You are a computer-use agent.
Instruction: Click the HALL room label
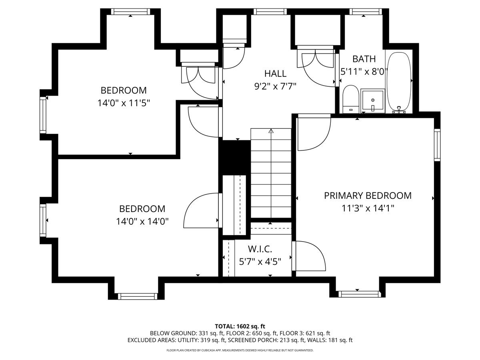click(275, 74)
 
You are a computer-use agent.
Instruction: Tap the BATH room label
click(364, 59)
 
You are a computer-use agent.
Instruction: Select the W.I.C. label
click(260, 249)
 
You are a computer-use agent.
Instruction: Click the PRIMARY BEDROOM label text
click(368, 196)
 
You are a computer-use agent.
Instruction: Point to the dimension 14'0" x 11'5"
click(124, 103)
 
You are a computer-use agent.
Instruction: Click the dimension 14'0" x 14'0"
click(142, 222)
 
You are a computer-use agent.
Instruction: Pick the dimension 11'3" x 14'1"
click(368, 208)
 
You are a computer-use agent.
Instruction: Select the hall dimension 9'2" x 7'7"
click(275, 86)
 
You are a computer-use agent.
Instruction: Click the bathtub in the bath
click(399, 82)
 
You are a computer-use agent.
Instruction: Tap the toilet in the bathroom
click(350, 99)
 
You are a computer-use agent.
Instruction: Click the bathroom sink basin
click(373, 100)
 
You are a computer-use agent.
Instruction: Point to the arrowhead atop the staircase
click(271, 131)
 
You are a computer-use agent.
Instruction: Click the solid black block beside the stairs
click(235, 157)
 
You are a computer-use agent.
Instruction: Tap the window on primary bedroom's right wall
click(437, 145)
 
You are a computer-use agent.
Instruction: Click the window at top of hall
click(270, 12)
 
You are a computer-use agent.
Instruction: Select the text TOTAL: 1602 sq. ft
click(240, 326)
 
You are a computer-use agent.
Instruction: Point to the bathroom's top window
click(366, 12)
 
